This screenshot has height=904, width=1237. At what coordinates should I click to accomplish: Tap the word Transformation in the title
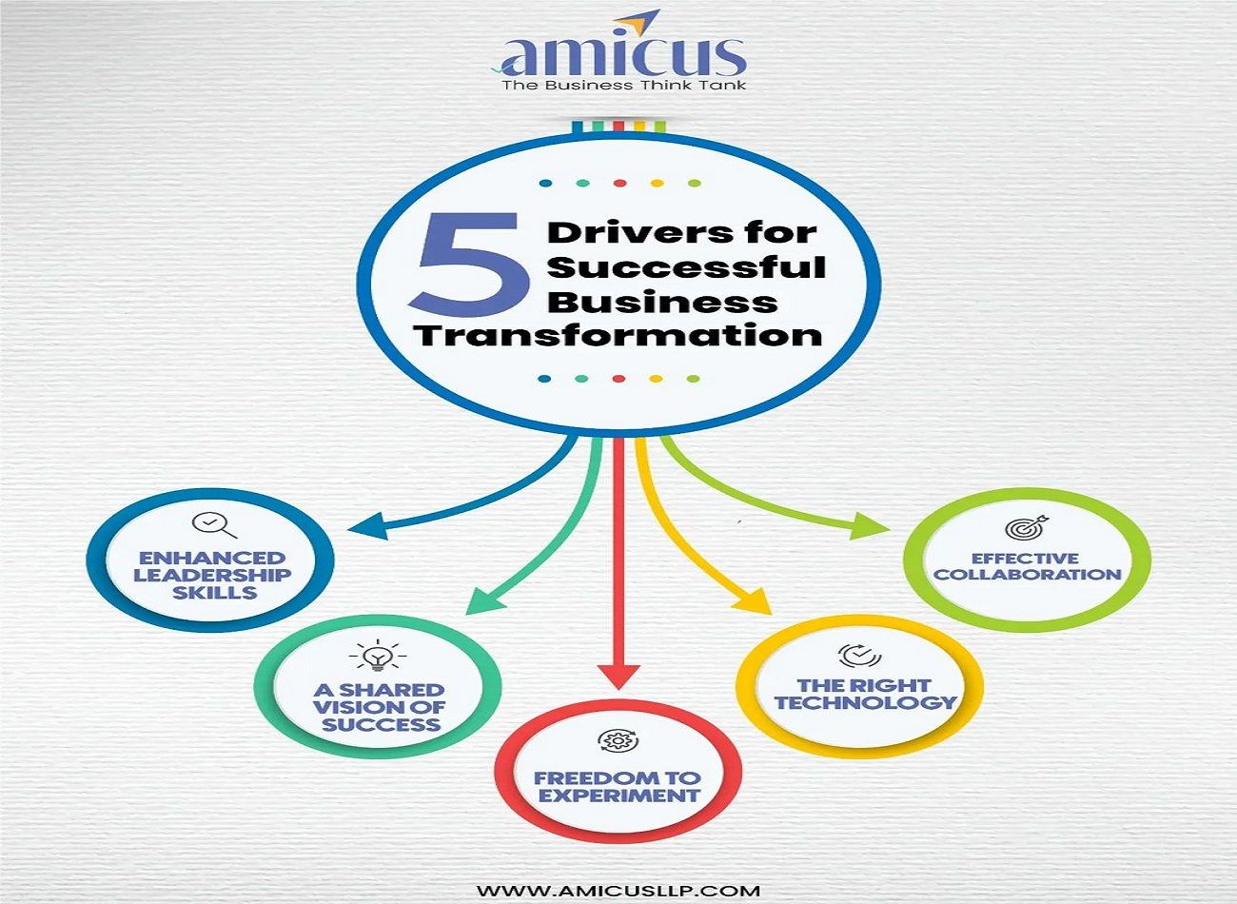[618, 336]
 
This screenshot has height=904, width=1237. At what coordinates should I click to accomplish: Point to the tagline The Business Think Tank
[623, 86]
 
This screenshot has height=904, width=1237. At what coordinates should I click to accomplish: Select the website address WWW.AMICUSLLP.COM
[618, 892]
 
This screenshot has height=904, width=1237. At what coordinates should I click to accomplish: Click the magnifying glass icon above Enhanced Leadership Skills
[213, 525]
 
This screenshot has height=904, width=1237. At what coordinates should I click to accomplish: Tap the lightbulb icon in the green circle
[378, 656]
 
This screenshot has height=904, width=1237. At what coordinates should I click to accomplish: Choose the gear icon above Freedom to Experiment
[618, 741]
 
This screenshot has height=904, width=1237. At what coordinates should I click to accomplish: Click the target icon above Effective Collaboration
[1026, 526]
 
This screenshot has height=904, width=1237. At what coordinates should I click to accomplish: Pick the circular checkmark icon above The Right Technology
[859, 655]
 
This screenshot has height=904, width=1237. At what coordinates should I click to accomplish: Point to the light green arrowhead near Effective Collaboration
[868, 525]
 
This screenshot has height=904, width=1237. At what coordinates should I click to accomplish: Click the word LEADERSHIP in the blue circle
[212, 576]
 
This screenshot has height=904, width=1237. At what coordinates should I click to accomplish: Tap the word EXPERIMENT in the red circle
[618, 796]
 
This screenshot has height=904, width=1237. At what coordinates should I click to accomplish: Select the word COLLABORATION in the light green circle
[1027, 575]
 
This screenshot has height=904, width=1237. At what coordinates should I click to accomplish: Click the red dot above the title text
[619, 183]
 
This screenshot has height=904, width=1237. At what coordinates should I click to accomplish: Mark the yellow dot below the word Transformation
[656, 379]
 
